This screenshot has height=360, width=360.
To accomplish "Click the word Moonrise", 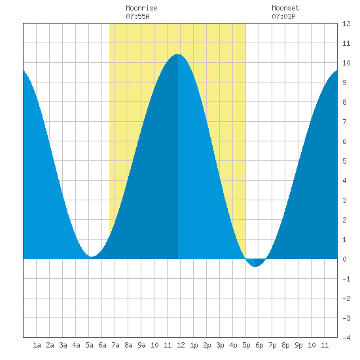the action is click(x=141, y=8).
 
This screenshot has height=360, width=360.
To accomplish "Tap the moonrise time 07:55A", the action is click(x=137, y=16).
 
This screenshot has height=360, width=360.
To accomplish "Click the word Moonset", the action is click(x=285, y=8).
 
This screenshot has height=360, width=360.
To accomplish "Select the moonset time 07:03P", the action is click(x=283, y=16).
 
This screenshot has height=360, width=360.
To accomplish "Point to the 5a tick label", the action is click(x=89, y=345).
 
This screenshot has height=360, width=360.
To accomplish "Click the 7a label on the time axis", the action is click(x=115, y=345).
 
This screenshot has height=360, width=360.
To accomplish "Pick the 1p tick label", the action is click(x=194, y=345).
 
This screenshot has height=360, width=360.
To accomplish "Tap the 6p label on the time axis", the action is click(x=259, y=345).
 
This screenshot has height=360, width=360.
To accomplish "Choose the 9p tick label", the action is click(x=298, y=345).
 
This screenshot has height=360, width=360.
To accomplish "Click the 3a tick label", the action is click(x=63, y=345).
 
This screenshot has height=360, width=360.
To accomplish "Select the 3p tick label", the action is click(x=220, y=345).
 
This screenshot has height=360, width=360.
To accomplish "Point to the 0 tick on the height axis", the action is click(x=344, y=259).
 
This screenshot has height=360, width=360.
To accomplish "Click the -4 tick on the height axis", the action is click(x=346, y=338).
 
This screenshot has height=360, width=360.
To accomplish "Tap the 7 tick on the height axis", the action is click(x=344, y=122).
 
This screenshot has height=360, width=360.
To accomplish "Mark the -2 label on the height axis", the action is click(x=346, y=298).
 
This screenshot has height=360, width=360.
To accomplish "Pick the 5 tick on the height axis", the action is click(x=344, y=161).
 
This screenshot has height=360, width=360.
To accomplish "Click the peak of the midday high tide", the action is click(x=178, y=54).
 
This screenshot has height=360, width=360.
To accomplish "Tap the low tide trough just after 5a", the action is click(x=92, y=257).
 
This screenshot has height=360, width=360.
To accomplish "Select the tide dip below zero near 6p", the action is click(x=255, y=266).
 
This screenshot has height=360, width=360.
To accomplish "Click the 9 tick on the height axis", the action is click(x=344, y=82).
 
